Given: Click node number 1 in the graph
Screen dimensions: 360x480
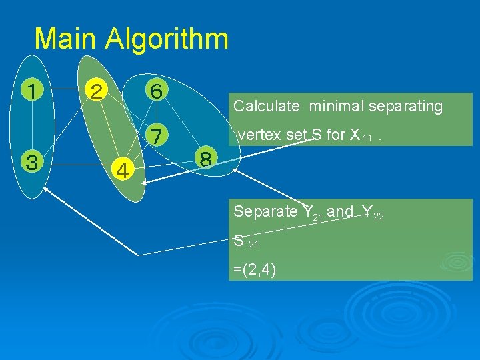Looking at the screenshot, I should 31,89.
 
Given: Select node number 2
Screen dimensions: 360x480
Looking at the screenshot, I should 97,89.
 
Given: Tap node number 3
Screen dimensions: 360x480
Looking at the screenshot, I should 31,161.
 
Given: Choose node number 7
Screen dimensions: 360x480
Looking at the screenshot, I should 156,135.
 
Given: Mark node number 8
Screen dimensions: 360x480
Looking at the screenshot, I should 205,159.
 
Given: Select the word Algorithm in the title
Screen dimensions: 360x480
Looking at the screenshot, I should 166,39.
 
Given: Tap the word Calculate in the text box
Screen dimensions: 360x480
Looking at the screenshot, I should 267,106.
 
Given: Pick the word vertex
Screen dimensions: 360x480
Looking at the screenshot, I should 260,135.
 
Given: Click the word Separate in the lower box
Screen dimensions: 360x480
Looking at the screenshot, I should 265,211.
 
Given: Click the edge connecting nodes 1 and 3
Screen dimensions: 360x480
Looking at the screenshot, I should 31,125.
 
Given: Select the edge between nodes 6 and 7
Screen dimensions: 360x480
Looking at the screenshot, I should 156,112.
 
